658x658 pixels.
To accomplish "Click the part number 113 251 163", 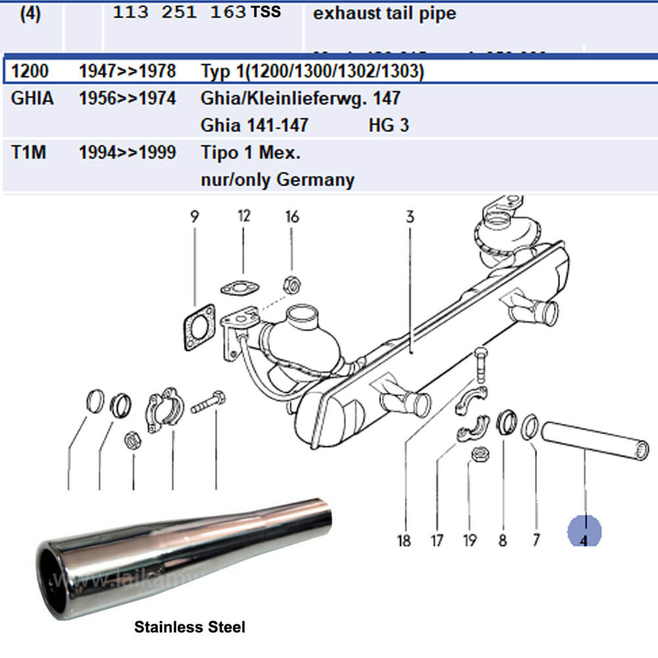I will click(x=179, y=13).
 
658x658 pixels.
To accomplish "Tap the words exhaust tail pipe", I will click(x=384, y=13).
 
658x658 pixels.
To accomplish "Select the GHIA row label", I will click(x=32, y=99).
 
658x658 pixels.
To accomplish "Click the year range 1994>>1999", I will click(x=127, y=153).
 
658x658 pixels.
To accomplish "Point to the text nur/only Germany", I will click(x=277, y=179).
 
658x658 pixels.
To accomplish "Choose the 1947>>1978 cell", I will click(x=127, y=71).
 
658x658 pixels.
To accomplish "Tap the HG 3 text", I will click(x=388, y=124).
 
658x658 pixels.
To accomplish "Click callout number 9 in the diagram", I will click(x=195, y=216).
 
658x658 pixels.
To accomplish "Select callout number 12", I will click(x=244, y=216).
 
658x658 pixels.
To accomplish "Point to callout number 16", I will click(x=291, y=216).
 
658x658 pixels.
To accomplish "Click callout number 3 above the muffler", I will click(x=410, y=216).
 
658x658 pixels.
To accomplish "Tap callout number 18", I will click(x=404, y=541).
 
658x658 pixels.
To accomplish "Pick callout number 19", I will click(x=469, y=541).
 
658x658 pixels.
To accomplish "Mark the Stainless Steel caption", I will click(x=190, y=627).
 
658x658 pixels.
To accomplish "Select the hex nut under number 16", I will click(x=291, y=285).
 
